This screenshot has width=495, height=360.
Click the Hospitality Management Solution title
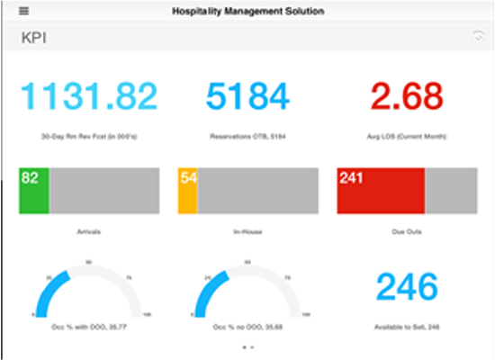click(247, 11)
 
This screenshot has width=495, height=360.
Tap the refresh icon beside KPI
click(477, 36)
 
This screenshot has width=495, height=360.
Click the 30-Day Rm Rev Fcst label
click(88, 137)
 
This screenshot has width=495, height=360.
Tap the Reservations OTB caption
click(247, 137)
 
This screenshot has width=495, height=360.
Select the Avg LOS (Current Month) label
click(407, 137)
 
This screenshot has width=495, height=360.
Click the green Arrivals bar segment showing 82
click(33, 190)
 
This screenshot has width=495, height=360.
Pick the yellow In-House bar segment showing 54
click(188, 190)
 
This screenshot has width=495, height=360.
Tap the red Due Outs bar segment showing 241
click(381, 190)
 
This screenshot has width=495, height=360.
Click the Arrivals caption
click(88, 231)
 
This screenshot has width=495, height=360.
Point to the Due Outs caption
click(407, 231)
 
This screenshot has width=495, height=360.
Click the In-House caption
click(247, 231)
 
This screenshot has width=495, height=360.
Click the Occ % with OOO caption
click(88, 327)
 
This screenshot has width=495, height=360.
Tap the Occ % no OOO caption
click(247, 327)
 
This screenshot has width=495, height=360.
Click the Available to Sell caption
click(407, 327)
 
